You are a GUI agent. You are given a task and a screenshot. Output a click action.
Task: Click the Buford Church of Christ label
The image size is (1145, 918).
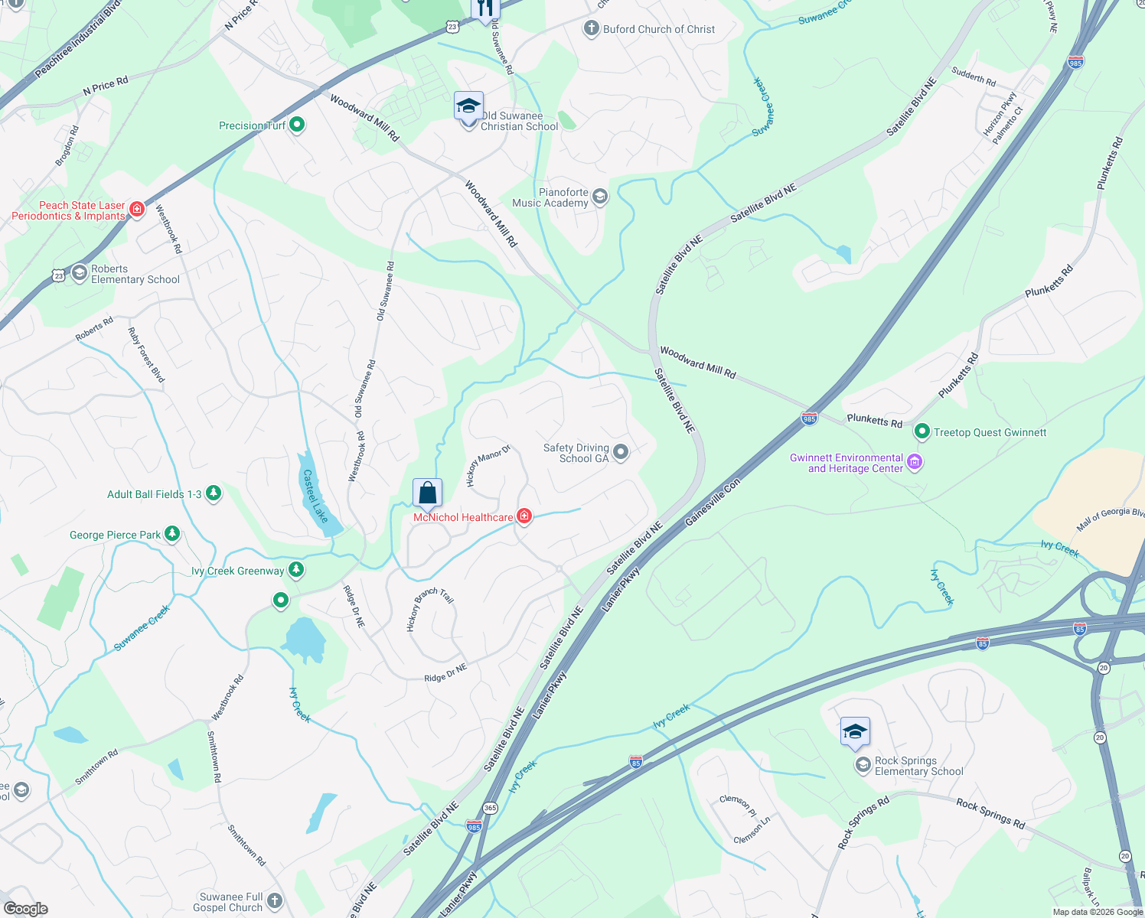click(659, 29)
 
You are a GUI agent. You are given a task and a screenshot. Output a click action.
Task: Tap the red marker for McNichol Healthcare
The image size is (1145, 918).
click(524, 516)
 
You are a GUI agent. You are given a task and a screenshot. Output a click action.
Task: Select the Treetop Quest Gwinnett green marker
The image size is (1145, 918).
click(922, 432)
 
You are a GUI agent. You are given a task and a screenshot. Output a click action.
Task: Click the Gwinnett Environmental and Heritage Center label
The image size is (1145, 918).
click(847, 464)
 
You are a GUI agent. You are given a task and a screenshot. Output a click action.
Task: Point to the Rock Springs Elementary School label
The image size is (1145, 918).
click(918, 766)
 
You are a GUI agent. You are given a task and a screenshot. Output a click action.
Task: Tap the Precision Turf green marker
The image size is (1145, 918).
click(298, 125)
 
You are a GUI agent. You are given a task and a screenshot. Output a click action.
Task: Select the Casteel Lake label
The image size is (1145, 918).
click(315, 496)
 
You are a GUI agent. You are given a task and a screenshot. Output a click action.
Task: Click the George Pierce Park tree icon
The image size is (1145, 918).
click(172, 534)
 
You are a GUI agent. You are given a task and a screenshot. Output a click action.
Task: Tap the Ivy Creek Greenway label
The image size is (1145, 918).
click(237, 571)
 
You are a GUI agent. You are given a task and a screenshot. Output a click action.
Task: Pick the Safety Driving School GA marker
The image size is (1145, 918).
click(621, 452)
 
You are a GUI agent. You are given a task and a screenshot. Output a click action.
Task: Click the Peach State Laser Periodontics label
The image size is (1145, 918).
click(69, 210)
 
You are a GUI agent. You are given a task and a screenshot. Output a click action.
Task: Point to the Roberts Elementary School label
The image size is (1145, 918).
click(135, 274)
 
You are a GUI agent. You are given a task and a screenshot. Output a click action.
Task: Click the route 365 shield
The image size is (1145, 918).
click(491, 808)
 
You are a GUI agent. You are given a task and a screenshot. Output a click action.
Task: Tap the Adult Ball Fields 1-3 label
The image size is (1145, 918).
click(154, 494)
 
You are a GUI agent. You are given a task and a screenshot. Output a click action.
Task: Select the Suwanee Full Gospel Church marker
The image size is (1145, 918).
click(275, 900)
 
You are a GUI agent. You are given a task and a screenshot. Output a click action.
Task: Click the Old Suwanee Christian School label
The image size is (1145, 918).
click(519, 121)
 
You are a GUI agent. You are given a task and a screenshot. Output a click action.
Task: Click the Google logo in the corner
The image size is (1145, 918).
click(25, 908)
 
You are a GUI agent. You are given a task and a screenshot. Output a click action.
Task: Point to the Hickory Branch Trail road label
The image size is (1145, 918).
click(429, 607)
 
